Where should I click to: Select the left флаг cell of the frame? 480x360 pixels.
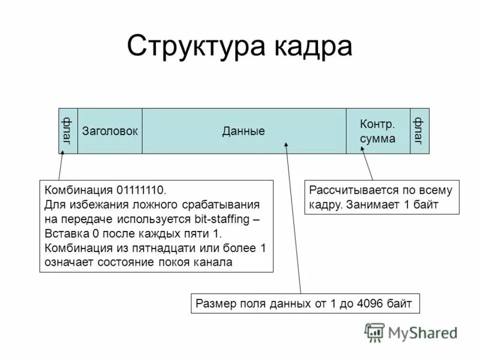[67, 131]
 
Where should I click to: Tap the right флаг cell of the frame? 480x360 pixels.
[419, 131]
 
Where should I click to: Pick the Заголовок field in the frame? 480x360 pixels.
[110, 131]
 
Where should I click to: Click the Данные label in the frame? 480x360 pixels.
[244, 131]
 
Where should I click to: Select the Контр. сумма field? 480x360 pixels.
[377, 131]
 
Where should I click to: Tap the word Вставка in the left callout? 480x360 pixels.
[64, 233]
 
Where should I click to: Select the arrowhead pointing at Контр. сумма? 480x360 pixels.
[364, 152]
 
